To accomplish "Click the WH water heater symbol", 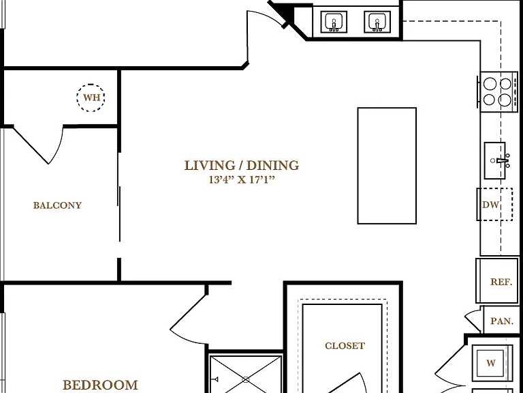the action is [x=91, y=98].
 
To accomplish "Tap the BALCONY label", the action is [x=57, y=205].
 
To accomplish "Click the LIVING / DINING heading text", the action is [x=242, y=165].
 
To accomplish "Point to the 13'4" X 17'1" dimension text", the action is [x=242, y=180].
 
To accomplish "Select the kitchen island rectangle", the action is [x=387, y=166].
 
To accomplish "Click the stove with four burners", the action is [x=498, y=91].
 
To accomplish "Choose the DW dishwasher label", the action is [x=490, y=205].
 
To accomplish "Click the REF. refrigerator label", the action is [x=501, y=282].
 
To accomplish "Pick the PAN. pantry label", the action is [x=502, y=321].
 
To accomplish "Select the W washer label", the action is [x=491, y=363].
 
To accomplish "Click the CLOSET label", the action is [x=345, y=345].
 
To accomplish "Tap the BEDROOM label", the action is [x=100, y=385].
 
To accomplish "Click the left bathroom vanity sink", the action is [x=334, y=22].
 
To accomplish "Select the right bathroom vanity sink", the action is [x=377, y=22].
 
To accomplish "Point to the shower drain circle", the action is [x=246, y=379].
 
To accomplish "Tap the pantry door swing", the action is [x=473, y=319].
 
